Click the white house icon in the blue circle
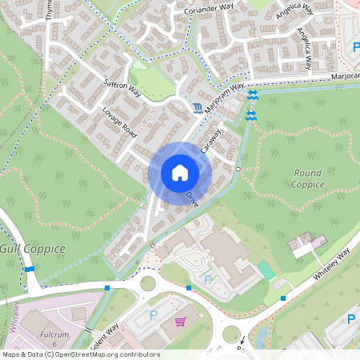(x=179, y=173)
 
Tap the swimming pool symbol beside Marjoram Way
(x=198, y=107)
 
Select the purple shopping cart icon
(x=180, y=322)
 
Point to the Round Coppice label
(x=308, y=178)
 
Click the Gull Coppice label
(x=33, y=249)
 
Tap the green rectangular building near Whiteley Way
(x=266, y=270)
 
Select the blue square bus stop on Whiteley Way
(x=283, y=298)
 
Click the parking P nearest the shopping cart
(x=153, y=314)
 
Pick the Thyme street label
(x=50, y=10)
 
